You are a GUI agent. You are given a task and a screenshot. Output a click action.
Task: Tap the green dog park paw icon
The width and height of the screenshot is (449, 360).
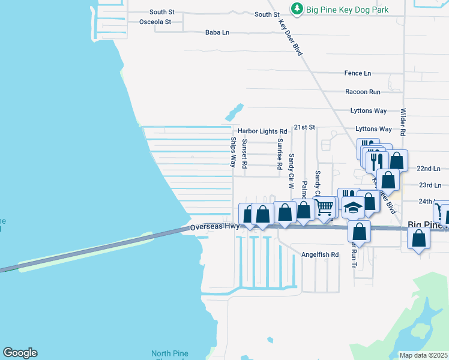coord(297,10)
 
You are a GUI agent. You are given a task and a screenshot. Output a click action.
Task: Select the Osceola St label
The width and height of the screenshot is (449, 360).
coord(155,22)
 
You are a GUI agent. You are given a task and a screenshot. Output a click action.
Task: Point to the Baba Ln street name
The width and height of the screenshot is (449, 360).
coord(217,32)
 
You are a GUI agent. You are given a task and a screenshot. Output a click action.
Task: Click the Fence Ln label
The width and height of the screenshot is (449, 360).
coord(357,73)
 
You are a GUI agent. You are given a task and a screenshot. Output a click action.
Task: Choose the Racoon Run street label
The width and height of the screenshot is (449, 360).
coord(363,92)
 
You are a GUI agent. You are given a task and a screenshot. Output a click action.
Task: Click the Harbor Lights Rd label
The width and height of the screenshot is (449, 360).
coord(262,131)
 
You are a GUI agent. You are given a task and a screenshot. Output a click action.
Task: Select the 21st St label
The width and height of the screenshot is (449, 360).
coord(304,127)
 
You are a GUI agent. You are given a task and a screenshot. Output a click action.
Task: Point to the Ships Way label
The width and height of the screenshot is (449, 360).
coord(234,152)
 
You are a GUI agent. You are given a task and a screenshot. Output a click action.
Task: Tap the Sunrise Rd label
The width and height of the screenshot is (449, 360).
coord(280,154)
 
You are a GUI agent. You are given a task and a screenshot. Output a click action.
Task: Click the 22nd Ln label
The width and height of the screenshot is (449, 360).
coord(429,169)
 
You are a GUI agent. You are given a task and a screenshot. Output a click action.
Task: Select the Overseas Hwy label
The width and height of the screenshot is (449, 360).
coord(214,227)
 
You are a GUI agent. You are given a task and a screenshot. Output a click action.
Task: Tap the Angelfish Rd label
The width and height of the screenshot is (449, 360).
coord(320,254)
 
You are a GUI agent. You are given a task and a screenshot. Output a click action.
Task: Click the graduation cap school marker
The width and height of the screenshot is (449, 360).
coord(354,208)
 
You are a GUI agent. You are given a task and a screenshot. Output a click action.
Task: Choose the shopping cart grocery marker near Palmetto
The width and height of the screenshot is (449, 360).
coord(324,208)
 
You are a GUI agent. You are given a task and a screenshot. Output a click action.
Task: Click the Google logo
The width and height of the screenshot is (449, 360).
coord(20,353)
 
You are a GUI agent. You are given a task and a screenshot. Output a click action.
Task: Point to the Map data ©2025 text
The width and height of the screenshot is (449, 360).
coord(423,355)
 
